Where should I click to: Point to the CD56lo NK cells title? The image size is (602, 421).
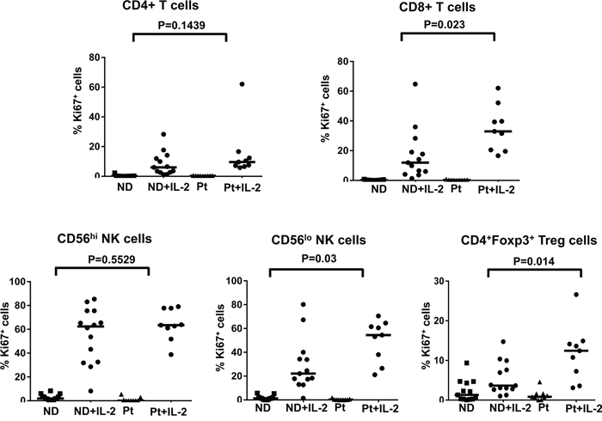coord(315,238)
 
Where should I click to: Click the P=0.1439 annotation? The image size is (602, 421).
coord(179,24)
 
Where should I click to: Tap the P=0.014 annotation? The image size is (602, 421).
coord(524,258)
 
